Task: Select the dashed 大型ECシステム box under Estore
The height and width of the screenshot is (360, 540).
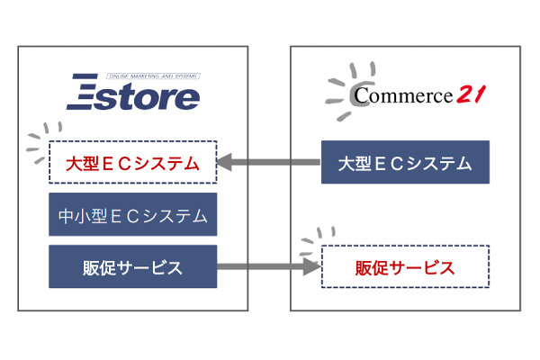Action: coord(132,164)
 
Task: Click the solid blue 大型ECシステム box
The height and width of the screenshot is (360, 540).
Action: coord(405,163)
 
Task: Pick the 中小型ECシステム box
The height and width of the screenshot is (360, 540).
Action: coord(132,216)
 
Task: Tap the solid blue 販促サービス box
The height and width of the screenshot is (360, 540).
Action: coord(132,267)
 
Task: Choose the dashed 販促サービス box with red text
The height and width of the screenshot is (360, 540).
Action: coord(405,267)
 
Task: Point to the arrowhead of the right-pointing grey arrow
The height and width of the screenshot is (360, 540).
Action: coord(313,267)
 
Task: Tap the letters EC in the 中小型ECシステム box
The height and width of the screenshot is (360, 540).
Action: coord(121,216)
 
